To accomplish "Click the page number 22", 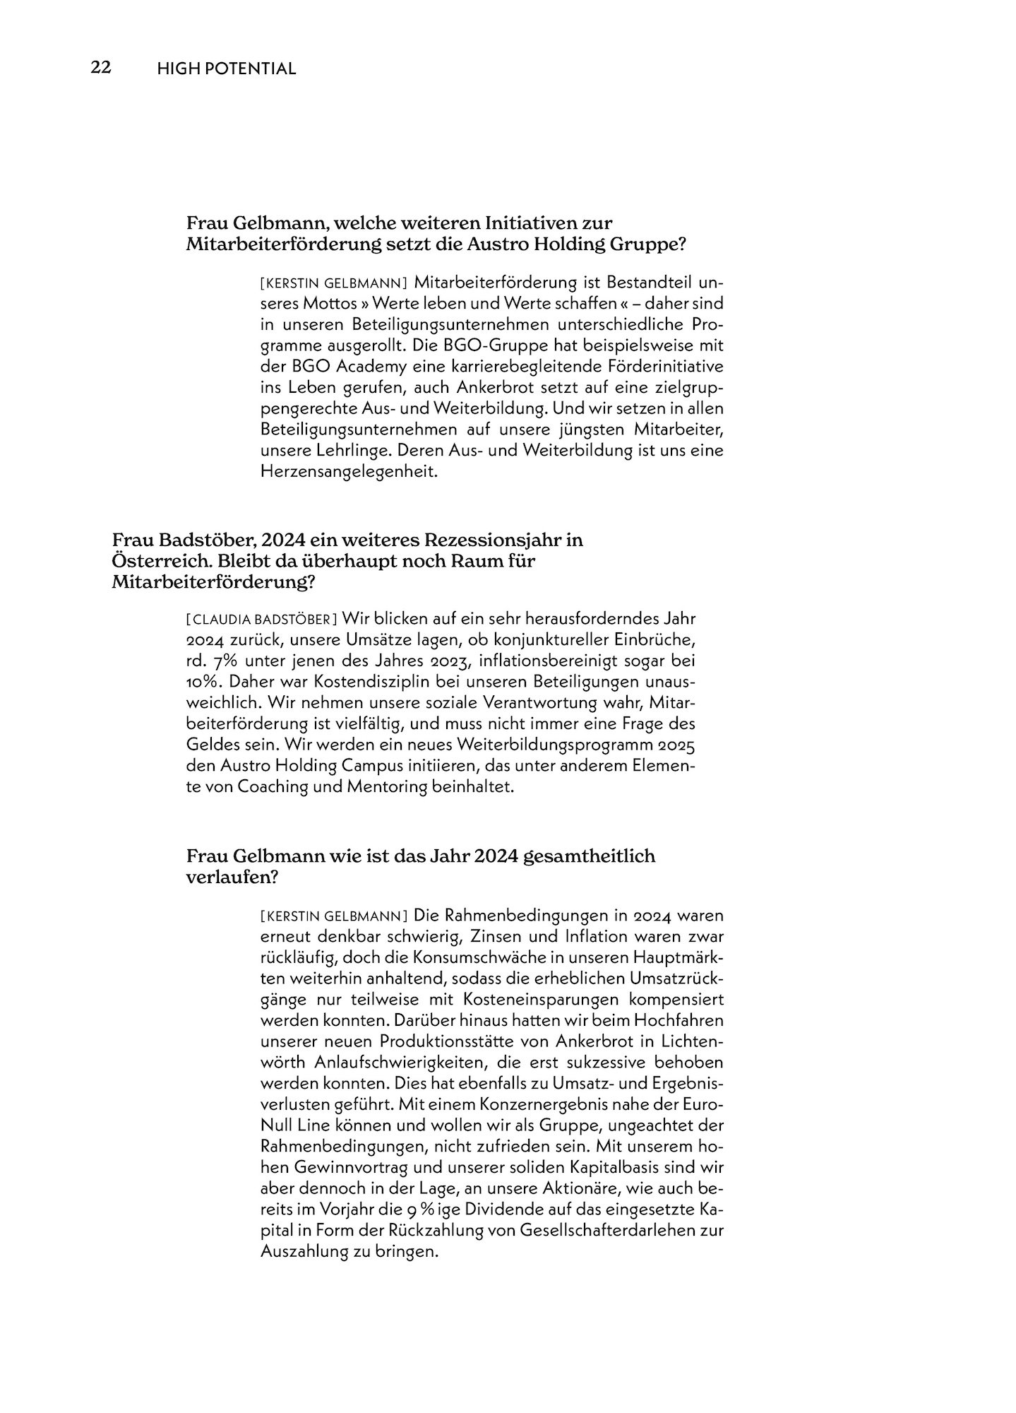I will pos(101,68).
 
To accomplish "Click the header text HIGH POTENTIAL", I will pos(227,69).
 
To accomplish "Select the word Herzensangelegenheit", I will pos(349,471).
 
